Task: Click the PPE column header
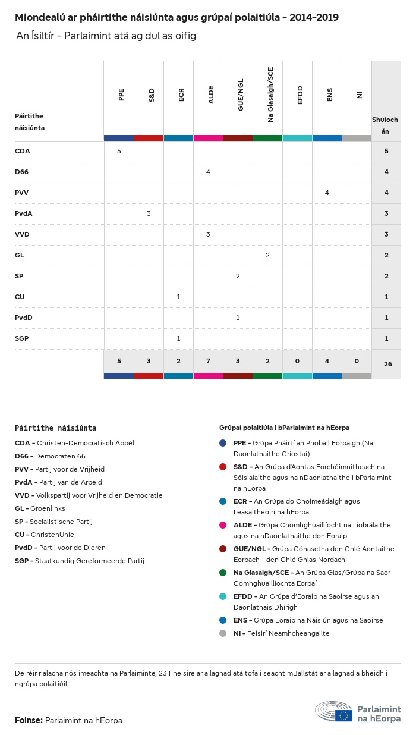point(121,94)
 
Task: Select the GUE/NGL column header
point(241,98)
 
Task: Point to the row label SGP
point(21,338)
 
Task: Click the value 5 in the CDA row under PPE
point(119,151)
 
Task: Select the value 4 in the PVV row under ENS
point(327,193)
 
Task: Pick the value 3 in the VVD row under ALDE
point(208,234)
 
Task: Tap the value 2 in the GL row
point(267,255)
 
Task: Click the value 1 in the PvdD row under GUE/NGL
point(238,318)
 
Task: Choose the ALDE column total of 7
point(208,361)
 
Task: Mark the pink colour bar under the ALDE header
point(208,138)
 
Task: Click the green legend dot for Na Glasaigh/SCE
point(223,573)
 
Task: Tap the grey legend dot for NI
point(223,633)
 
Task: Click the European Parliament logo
point(358,712)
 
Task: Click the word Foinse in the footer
point(28,720)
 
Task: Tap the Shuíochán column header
point(385,125)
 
